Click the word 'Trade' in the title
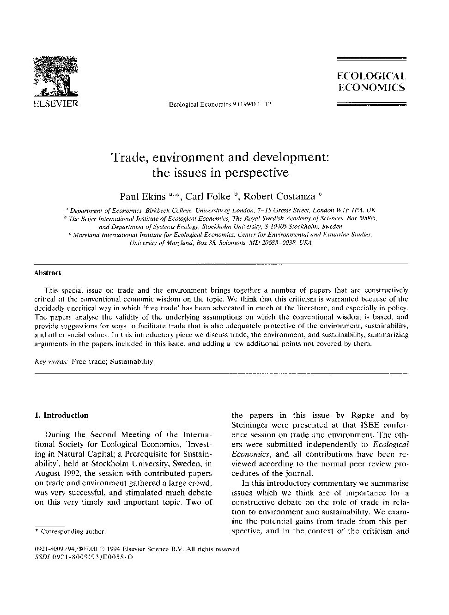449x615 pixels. [x=127, y=157]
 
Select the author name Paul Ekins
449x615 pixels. [x=142, y=197]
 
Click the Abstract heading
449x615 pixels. [x=48, y=273]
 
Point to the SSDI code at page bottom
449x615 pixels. [x=85, y=557]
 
